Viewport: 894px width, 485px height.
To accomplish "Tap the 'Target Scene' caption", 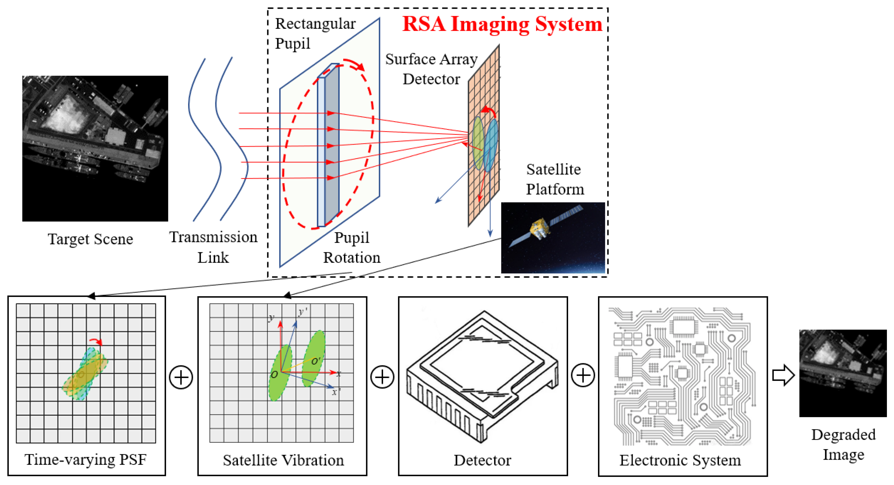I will coord(90,239).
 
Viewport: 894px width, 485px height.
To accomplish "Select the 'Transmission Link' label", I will coord(213,247).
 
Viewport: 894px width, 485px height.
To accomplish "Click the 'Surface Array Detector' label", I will coord(431,69).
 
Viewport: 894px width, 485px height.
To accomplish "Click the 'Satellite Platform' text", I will coord(555,179).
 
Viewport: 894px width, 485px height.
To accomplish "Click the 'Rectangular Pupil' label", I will coord(315,34).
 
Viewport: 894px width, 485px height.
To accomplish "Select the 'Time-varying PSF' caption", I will coord(86,460).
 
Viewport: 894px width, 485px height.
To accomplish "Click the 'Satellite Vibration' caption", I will coord(283,460).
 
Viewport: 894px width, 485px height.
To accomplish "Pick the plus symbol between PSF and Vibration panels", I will coord(181,377).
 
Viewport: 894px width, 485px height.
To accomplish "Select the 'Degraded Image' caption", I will coord(843,445).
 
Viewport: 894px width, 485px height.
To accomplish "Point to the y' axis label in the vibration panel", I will coord(303,312).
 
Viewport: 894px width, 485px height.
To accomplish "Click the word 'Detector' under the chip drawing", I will coord(482,460).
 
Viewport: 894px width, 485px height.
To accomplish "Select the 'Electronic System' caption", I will coord(680,460).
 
